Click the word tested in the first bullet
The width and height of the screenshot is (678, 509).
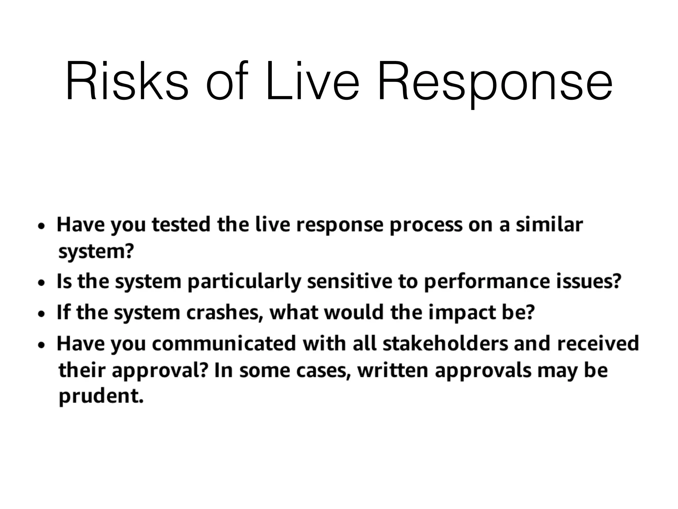pos(181,224)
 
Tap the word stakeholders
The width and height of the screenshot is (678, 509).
pos(445,343)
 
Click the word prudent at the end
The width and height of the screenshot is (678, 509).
pos(101,396)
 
